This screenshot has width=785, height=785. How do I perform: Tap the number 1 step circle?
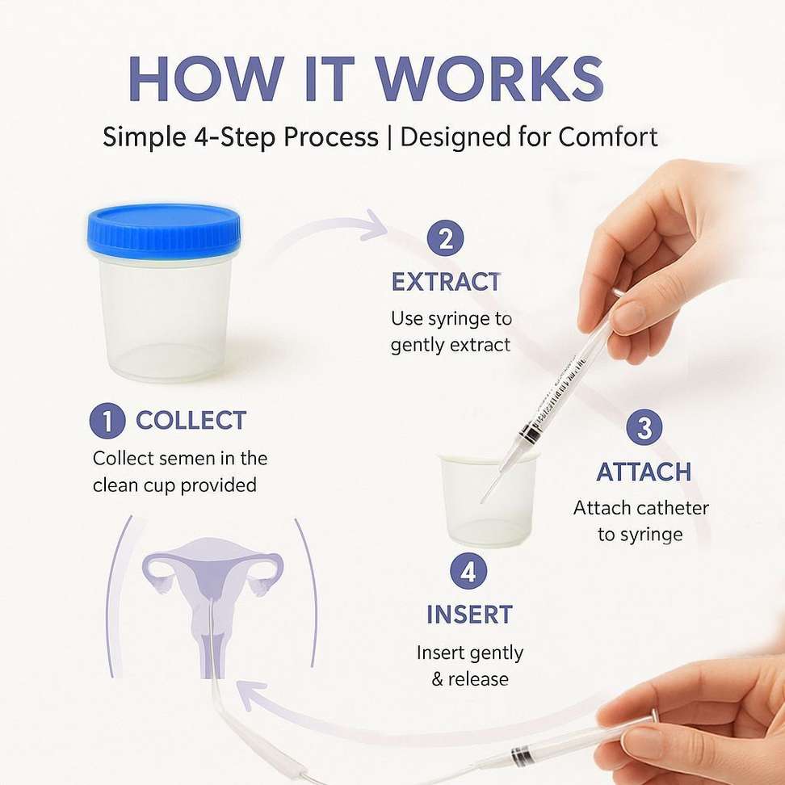click(x=107, y=421)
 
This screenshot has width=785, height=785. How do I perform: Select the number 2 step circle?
click(x=446, y=237)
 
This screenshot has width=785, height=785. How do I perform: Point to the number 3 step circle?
click(x=644, y=427)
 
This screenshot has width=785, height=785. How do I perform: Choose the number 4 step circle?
click(x=468, y=571)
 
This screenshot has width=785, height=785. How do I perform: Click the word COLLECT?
click(x=191, y=421)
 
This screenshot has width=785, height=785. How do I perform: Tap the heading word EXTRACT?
click(x=446, y=282)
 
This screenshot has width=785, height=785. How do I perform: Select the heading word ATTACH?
click(x=644, y=472)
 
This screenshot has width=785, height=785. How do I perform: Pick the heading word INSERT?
click(x=469, y=615)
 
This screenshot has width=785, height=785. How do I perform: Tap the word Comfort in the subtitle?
click(x=608, y=136)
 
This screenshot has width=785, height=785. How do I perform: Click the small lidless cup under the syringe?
click(x=488, y=499)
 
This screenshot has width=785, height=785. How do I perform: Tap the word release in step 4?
click(x=478, y=679)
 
